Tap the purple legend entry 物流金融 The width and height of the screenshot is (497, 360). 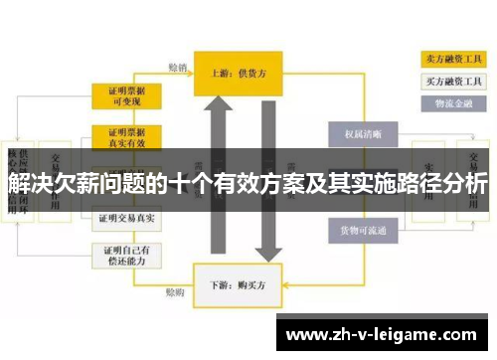pyautogui.click(x=449, y=101)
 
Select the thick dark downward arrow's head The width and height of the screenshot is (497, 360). pyautogui.click(x=263, y=253)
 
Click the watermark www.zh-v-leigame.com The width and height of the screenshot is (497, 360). pyautogui.click(x=384, y=333)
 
